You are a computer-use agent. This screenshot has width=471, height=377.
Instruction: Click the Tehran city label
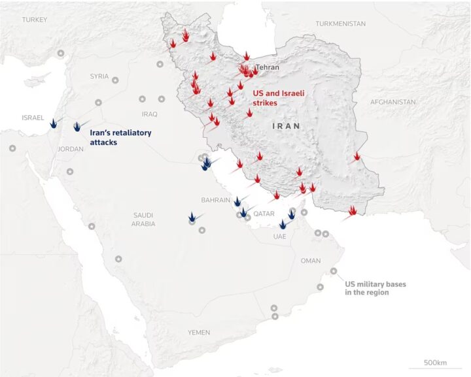[268, 67]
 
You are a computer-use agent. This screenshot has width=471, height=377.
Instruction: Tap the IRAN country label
[286, 125]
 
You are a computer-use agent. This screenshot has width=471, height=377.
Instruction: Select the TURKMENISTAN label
[340, 24]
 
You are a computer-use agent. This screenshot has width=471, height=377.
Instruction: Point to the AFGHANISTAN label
[392, 102]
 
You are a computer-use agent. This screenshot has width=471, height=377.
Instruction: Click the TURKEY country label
[34, 20]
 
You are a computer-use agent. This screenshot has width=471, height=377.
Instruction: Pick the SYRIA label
[99, 76]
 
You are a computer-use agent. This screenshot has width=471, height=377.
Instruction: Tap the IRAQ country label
[149, 113]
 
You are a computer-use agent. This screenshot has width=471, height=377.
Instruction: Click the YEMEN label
[199, 333]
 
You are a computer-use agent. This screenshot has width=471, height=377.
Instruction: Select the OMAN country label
[310, 261]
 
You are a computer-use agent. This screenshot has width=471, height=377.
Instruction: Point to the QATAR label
[264, 214]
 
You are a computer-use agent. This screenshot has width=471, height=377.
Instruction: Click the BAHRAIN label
[216, 200]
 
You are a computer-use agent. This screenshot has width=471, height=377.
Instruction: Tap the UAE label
[279, 236]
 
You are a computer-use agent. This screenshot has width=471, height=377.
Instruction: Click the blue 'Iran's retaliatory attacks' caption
[117, 137]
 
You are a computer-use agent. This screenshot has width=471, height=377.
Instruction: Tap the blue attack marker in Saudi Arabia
[192, 216]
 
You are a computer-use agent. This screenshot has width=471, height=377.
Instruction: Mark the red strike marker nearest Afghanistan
[357, 156]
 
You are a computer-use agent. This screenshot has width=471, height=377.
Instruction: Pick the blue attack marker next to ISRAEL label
[52, 120]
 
